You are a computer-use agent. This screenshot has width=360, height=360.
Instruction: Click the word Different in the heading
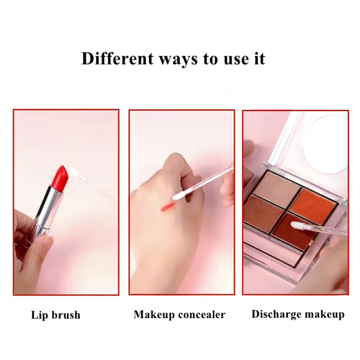(x=117, y=59)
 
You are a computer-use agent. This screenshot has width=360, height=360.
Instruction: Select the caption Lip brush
(x=56, y=315)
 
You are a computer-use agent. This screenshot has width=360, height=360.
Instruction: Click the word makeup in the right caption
(x=325, y=314)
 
